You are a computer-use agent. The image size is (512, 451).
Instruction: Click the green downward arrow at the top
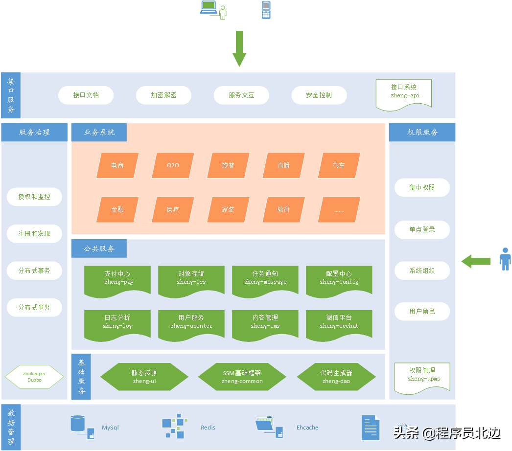point(239,48)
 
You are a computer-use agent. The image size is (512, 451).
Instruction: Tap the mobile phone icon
point(266,10)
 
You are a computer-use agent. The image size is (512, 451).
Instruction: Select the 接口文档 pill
point(86,95)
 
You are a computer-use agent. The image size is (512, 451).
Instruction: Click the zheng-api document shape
point(404,93)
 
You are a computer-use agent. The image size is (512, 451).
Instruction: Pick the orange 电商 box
point(117,165)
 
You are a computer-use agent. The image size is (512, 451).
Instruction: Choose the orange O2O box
point(173,165)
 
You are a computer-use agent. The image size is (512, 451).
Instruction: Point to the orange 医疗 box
point(173,209)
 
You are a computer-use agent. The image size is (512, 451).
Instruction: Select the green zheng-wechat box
point(339,323)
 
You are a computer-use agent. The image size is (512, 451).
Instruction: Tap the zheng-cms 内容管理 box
point(265,323)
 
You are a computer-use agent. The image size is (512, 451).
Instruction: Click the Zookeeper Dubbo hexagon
point(34,377)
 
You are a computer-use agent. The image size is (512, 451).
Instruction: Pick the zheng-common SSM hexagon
point(242,377)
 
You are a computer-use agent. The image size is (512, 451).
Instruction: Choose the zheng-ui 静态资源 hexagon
point(144,377)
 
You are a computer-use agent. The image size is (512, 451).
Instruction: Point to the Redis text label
point(208,428)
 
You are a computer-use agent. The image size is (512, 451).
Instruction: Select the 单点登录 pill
point(422,229)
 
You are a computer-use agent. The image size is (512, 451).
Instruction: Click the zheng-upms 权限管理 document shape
point(422,377)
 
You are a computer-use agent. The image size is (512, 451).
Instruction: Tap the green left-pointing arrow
point(476,261)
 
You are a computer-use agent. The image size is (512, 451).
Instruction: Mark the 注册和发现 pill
point(34,234)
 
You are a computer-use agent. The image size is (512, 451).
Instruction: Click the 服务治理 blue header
point(34,132)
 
